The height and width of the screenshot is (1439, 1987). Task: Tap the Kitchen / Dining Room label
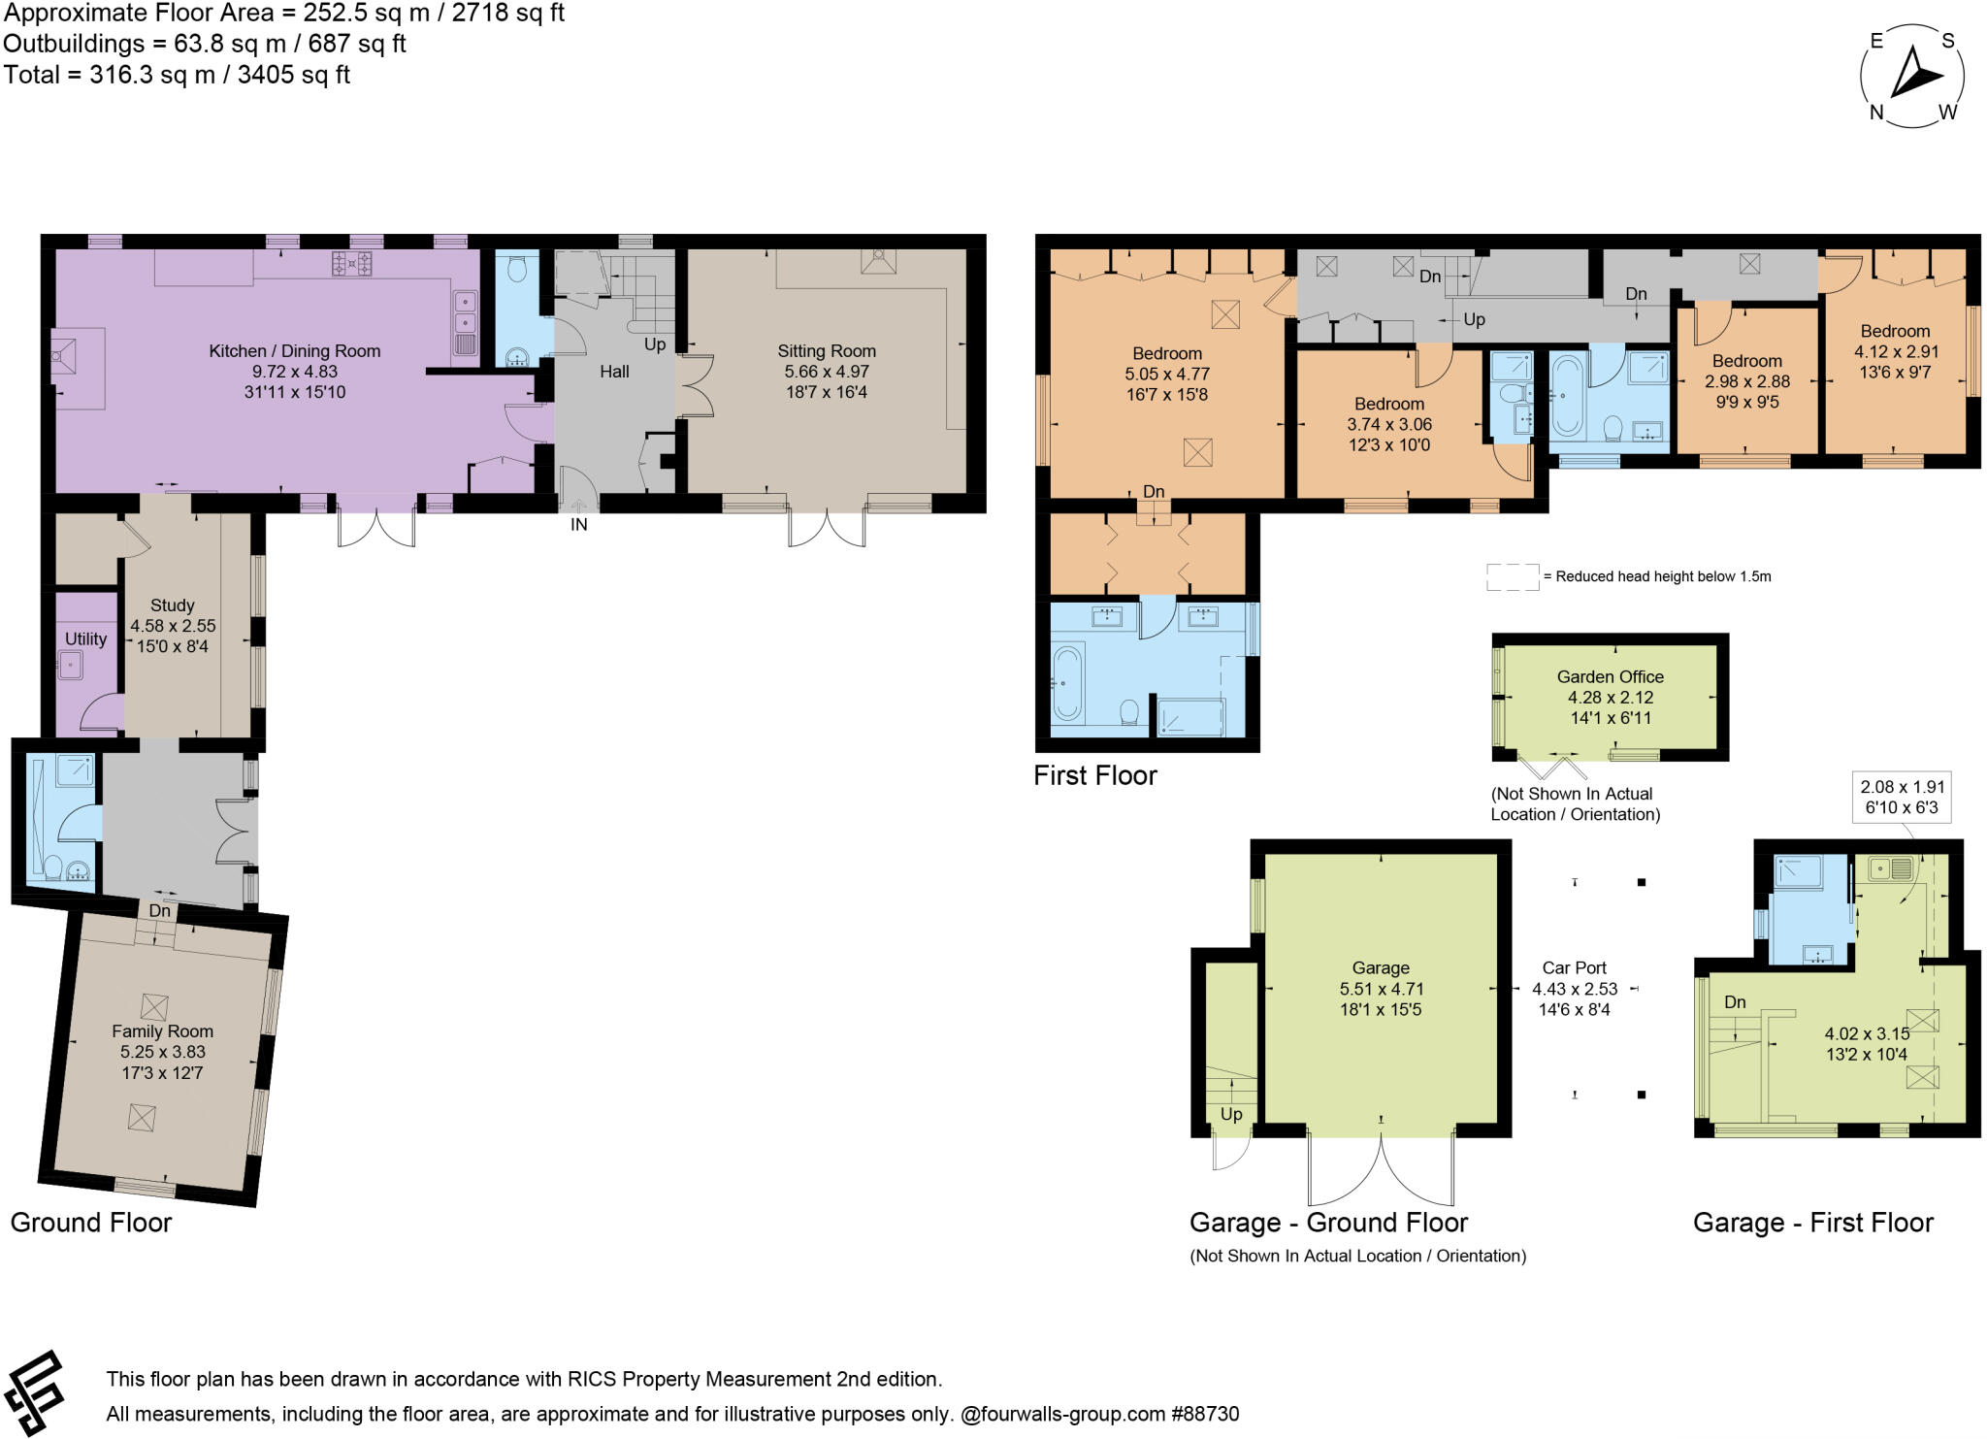point(294,351)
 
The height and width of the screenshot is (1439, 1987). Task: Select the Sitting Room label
point(826,351)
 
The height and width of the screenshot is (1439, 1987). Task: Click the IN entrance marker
point(578,525)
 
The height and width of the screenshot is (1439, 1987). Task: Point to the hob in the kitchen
point(352,263)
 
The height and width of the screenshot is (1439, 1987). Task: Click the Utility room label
point(85,639)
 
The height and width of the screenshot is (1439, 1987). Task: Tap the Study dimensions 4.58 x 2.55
point(173,626)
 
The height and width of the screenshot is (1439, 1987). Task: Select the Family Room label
point(162,1031)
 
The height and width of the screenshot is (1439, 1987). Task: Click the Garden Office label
point(1610,676)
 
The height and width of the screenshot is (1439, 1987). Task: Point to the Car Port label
point(1574,967)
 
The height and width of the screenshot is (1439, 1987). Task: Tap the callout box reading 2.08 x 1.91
point(1902,798)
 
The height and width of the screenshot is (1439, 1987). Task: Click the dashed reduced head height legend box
point(1512,576)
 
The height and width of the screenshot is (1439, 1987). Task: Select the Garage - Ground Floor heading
point(1328,1223)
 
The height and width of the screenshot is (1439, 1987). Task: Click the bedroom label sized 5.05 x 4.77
point(1166,353)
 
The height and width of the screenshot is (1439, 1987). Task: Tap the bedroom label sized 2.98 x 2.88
point(1746,361)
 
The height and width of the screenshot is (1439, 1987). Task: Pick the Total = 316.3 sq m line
point(177,75)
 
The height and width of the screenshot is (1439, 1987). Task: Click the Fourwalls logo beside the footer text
point(34,1394)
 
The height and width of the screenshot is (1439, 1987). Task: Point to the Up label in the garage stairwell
point(1230,1114)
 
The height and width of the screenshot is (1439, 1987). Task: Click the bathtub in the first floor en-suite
point(1066,683)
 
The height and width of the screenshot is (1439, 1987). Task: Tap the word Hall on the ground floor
point(614,372)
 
